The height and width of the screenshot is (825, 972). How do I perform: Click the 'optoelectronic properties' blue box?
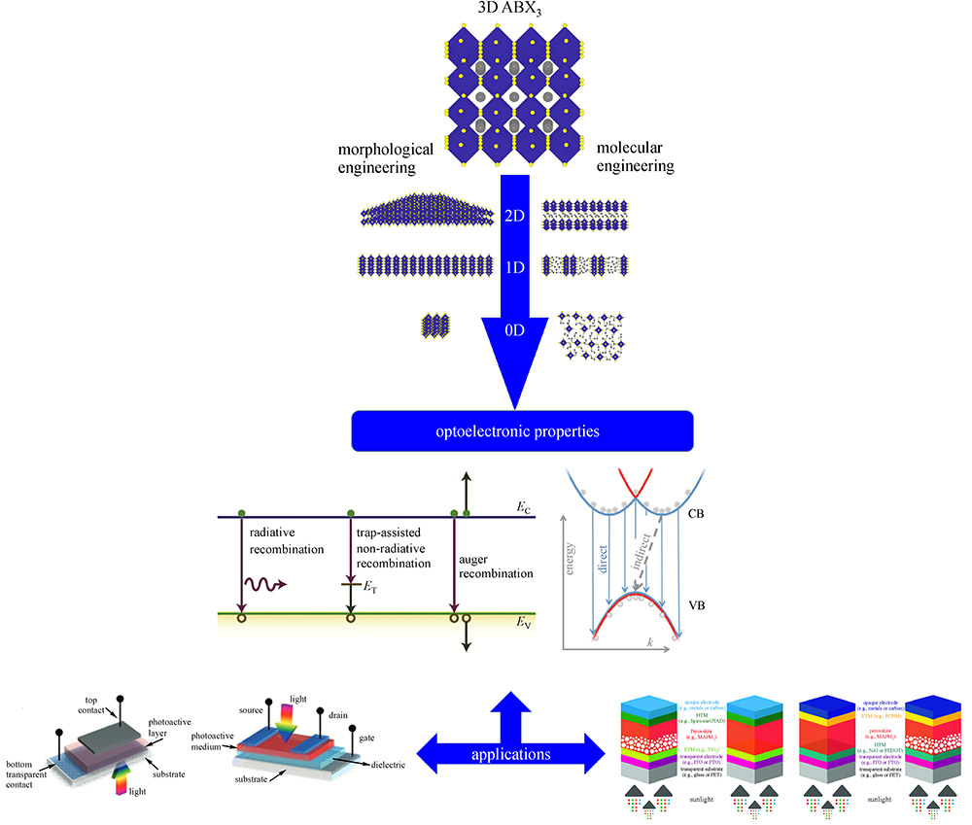[x=521, y=430]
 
